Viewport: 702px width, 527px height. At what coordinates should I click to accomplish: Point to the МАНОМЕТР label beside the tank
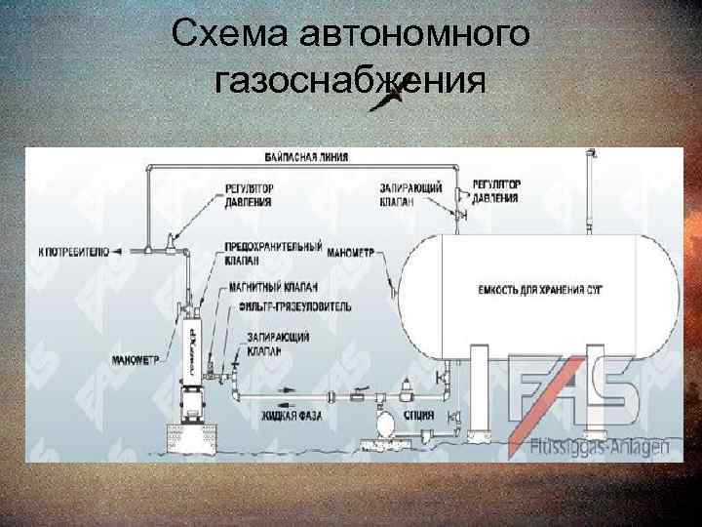(352, 252)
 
